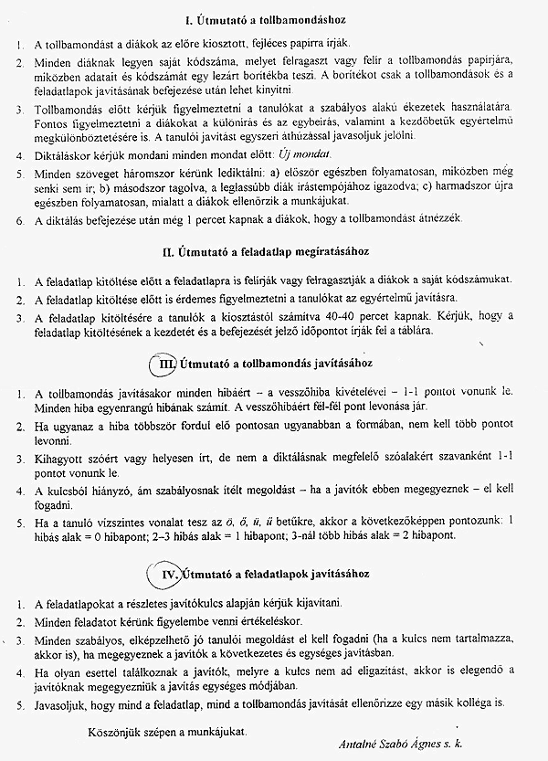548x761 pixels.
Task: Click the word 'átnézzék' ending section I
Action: tap(443, 219)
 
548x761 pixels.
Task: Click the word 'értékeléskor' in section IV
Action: tap(269, 622)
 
